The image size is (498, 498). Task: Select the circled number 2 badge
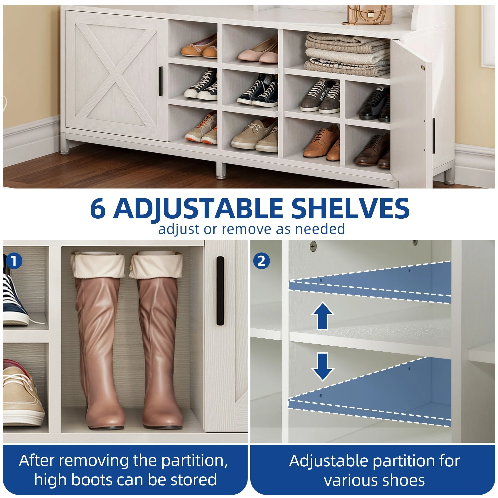click(x=261, y=261)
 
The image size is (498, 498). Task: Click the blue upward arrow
click(x=322, y=316)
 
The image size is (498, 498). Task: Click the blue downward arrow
click(x=322, y=367)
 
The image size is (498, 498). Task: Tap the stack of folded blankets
click(x=347, y=55)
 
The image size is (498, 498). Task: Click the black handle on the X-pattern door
click(x=160, y=81)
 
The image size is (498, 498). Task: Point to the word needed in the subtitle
click(x=320, y=229)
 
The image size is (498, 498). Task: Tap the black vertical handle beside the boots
click(x=220, y=291)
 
